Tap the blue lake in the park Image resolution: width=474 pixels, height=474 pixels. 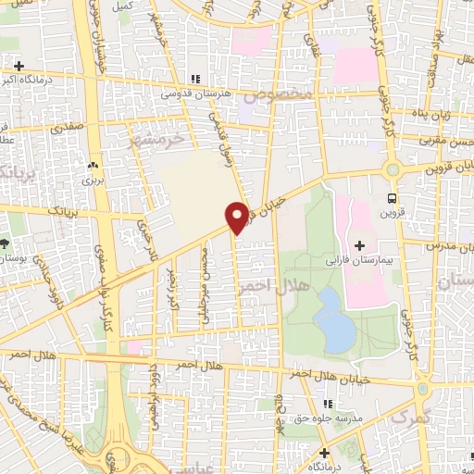click(332, 318)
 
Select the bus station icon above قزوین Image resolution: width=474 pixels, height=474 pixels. click(393, 197)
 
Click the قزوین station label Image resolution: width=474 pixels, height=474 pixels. click(393, 212)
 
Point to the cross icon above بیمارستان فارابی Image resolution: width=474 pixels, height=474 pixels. click(359, 244)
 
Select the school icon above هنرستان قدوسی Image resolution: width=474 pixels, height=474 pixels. click(194, 80)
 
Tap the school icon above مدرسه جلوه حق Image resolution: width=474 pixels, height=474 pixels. click(327, 405)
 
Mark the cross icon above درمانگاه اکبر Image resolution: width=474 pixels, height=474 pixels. click(18, 66)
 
